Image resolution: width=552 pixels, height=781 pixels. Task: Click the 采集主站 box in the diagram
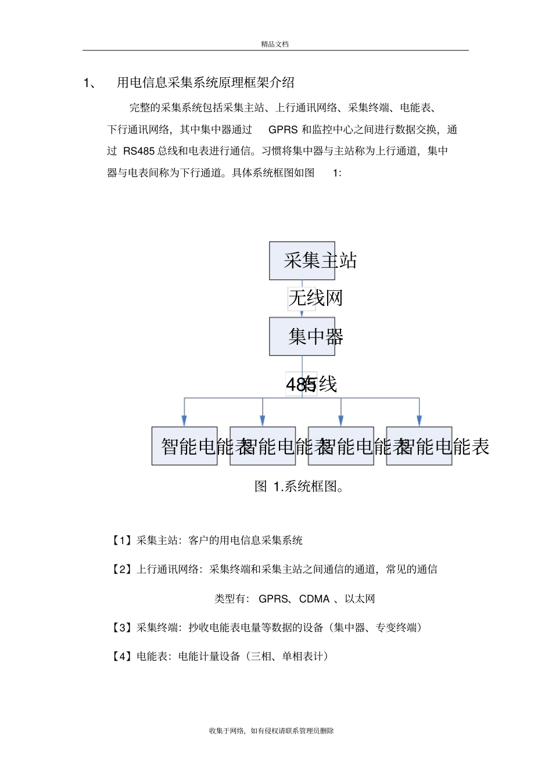(x=302, y=261)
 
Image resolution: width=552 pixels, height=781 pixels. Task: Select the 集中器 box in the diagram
(x=302, y=336)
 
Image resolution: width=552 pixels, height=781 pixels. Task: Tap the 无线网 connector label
(x=316, y=298)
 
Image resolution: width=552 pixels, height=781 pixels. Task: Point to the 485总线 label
(x=311, y=384)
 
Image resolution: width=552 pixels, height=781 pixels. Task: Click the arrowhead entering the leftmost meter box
(x=184, y=420)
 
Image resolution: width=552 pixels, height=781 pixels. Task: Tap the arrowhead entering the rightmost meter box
(x=419, y=420)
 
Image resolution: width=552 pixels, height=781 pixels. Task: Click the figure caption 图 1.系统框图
(x=299, y=487)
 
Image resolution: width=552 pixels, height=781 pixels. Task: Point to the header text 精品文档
(x=275, y=44)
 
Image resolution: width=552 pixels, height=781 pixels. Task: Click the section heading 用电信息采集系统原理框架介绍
(x=206, y=82)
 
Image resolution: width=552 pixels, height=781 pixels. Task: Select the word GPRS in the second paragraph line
(x=283, y=129)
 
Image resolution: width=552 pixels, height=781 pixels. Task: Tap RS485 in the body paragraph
(x=139, y=151)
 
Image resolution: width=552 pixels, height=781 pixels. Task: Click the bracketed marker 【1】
(x=122, y=541)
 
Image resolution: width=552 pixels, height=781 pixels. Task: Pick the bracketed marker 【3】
(x=122, y=628)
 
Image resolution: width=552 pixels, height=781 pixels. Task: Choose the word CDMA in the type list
(x=314, y=599)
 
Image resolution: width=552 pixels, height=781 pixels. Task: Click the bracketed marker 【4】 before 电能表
(x=122, y=657)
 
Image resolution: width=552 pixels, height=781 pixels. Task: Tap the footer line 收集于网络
(x=271, y=731)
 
